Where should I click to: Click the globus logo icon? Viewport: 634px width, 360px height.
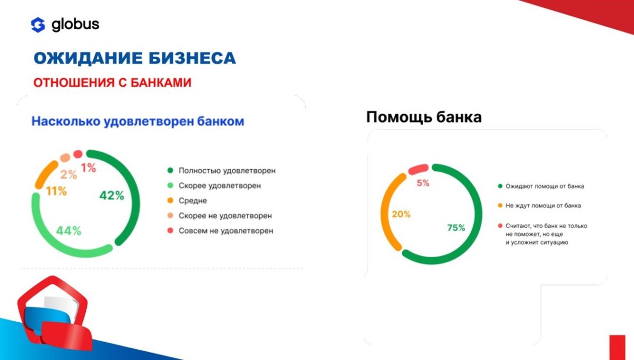click(x=38, y=25)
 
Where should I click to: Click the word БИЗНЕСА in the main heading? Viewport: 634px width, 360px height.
click(x=192, y=58)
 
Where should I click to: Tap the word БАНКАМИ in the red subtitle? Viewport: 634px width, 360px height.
click(x=161, y=82)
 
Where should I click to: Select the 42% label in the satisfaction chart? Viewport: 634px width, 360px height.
click(x=112, y=196)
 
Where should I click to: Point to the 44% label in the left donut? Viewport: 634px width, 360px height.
click(x=69, y=231)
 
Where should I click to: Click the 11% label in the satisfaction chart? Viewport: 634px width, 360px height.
click(x=56, y=191)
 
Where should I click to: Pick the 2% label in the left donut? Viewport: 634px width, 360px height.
click(x=68, y=174)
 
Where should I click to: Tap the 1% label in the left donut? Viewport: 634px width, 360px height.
click(x=88, y=167)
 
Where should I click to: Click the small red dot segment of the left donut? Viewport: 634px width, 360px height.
click(x=78, y=154)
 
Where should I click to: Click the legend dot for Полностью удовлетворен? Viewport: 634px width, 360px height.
click(x=170, y=170)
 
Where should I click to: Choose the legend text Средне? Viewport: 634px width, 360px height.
click(x=193, y=201)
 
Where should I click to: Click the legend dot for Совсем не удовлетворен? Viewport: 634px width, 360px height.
click(x=170, y=231)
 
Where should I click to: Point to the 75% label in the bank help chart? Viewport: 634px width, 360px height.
click(x=456, y=228)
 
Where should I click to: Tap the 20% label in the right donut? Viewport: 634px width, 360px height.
click(x=401, y=214)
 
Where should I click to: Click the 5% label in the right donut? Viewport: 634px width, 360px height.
click(x=423, y=183)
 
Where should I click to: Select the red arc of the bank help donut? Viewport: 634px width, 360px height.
click(x=418, y=169)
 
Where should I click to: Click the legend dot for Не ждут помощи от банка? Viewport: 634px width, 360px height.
click(x=500, y=206)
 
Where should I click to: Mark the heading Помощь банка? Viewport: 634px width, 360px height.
click(x=424, y=117)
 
